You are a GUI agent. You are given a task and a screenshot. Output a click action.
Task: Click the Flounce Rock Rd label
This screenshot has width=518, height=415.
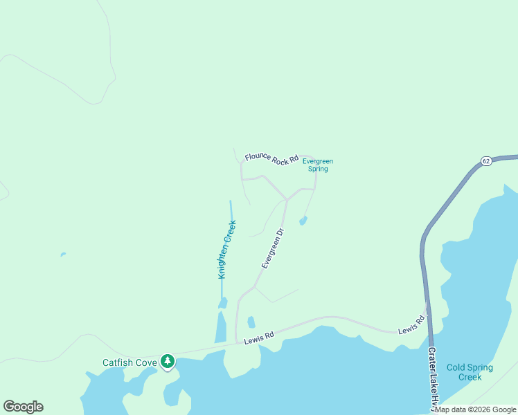271,158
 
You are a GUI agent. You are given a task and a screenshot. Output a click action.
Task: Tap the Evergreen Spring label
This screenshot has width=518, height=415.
318,165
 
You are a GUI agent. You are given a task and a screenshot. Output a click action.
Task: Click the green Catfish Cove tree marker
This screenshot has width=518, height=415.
167,361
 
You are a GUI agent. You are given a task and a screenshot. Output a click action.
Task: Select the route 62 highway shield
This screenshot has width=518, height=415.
486,160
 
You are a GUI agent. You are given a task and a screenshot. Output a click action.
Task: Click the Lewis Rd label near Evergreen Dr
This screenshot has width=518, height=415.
259,336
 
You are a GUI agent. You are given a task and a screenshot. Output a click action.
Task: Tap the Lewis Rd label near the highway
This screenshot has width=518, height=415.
411,326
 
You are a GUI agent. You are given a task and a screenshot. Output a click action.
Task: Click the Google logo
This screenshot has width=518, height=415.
23,407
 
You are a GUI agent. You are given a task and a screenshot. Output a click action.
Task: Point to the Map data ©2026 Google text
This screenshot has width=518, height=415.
475,409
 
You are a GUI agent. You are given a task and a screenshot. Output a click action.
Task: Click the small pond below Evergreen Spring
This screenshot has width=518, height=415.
303,221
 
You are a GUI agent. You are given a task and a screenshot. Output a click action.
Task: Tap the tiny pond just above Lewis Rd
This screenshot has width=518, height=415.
251,322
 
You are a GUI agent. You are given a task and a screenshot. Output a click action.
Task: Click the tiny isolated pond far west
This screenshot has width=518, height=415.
63,255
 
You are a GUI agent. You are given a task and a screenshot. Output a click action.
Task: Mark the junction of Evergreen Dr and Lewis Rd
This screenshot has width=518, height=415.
237,341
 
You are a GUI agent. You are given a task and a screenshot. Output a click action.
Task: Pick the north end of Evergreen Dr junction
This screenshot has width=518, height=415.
287,199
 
